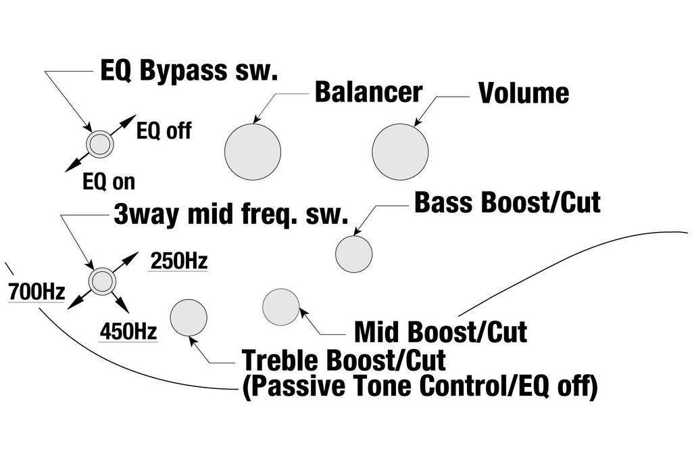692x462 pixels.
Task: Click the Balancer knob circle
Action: point(253,152)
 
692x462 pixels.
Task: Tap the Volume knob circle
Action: point(400,152)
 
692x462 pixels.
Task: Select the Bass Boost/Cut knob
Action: point(353,254)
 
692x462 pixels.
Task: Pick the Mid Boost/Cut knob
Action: point(280,307)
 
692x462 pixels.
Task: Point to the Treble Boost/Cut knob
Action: point(189,317)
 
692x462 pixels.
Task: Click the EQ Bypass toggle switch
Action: point(100,143)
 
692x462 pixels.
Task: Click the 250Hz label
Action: point(178,261)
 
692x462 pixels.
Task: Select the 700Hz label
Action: point(36,292)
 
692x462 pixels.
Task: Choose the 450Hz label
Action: point(128,331)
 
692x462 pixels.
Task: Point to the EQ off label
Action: point(164,131)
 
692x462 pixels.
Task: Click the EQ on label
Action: point(109,181)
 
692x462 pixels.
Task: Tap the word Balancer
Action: point(368,92)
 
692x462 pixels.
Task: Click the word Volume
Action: point(524,93)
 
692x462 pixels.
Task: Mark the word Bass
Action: point(443,203)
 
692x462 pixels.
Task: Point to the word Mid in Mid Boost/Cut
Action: point(378,332)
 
